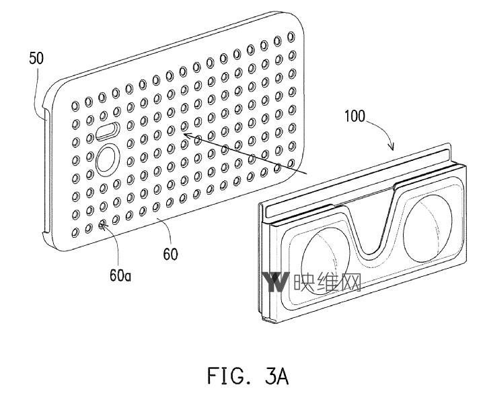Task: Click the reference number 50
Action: pos(36,59)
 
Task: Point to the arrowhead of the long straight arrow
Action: pos(182,135)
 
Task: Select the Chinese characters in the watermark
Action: pos(328,281)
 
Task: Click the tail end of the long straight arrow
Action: pos(306,174)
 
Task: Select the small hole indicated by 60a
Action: pos(102,225)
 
